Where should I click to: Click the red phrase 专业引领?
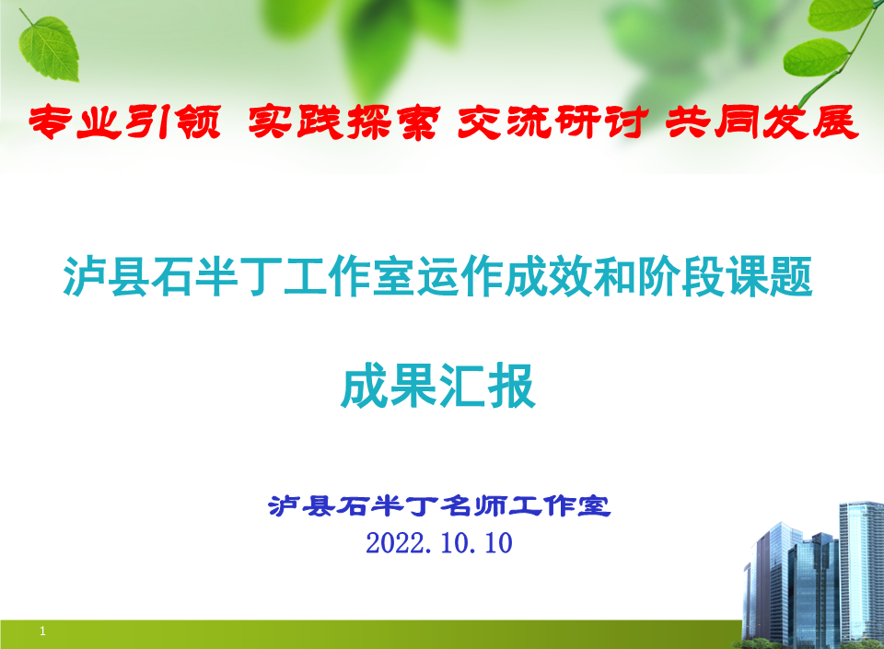tap(124, 122)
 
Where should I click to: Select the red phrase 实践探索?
tap(343, 122)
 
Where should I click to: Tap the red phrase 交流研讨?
tap(553, 122)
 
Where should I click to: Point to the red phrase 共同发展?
tap(762, 122)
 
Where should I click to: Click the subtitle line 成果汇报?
tap(438, 386)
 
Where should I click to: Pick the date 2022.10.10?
tap(439, 543)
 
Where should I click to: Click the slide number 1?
tap(42, 631)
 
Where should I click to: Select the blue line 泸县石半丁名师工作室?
tap(439, 506)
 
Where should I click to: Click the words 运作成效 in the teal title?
tap(504, 276)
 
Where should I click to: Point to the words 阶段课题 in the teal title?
tap(725, 276)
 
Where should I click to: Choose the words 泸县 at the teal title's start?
tap(107, 276)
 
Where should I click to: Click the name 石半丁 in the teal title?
tap(216, 276)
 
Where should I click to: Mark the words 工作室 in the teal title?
tap(349, 276)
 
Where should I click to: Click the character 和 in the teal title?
tap(614, 276)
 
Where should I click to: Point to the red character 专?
tap(51, 122)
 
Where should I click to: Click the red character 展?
tap(835, 122)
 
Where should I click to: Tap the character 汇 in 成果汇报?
tap(462, 386)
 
